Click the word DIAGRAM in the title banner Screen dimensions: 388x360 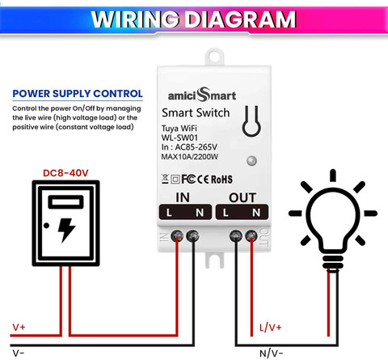(x=241, y=19)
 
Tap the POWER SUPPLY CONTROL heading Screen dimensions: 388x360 (x=78, y=94)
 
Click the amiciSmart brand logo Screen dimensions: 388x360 (x=202, y=95)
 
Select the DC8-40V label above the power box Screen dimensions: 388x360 (x=65, y=173)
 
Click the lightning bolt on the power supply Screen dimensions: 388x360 (x=66, y=230)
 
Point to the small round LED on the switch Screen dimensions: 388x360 (x=251, y=161)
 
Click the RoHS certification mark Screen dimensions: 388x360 (x=221, y=180)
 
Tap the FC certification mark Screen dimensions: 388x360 (x=188, y=179)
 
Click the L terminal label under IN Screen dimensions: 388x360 (x=169, y=213)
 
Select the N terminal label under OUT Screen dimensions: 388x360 (x=256, y=213)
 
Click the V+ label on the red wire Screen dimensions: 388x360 (x=19, y=327)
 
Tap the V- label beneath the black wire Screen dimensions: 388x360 (x=19, y=353)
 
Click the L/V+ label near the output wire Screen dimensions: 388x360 (x=271, y=328)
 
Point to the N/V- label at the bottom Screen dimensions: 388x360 (x=272, y=354)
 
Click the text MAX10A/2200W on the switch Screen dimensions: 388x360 (x=190, y=157)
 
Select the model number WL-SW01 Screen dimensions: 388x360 (x=179, y=138)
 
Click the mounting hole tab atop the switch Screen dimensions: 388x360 (x=214, y=57)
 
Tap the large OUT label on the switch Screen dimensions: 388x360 (x=242, y=197)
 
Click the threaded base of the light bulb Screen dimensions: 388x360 (x=333, y=262)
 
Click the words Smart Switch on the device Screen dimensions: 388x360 (x=196, y=112)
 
